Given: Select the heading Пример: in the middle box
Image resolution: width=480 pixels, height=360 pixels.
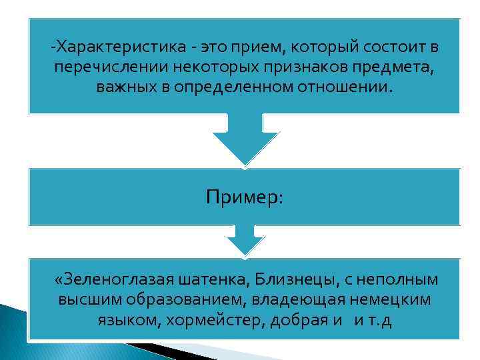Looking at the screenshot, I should (x=245, y=197).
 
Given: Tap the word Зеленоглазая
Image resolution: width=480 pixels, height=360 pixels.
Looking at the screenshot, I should (x=114, y=279).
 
